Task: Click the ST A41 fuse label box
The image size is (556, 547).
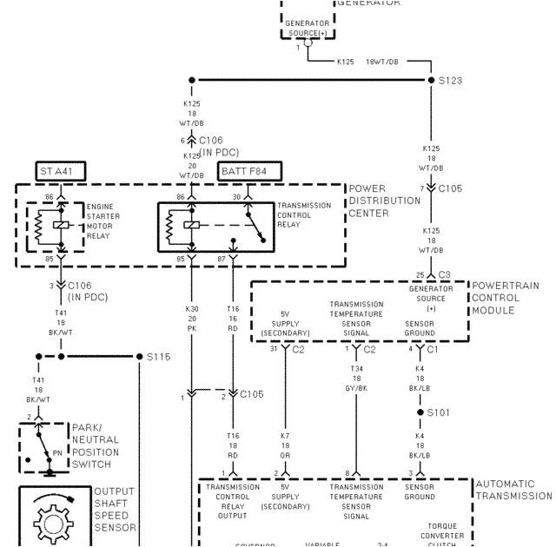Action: (x=58, y=171)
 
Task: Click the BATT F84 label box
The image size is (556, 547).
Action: (x=242, y=171)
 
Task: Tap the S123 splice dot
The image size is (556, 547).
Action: (x=432, y=81)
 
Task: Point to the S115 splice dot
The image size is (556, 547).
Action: (x=139, y=357)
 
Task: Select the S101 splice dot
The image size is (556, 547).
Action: (x=420, y=412)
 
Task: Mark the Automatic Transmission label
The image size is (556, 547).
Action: (x=513, y=490)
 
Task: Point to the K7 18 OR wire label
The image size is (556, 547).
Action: (x=285, y=444)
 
